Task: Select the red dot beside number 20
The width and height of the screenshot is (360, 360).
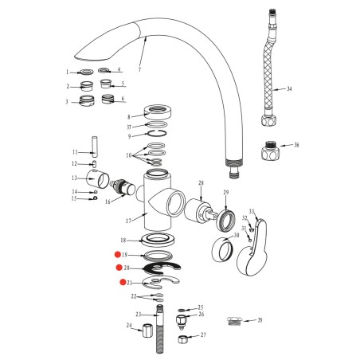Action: tap(119, 268)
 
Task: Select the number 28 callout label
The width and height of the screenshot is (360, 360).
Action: tap(202, 182)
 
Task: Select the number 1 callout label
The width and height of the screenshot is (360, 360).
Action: tap(68, 72)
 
